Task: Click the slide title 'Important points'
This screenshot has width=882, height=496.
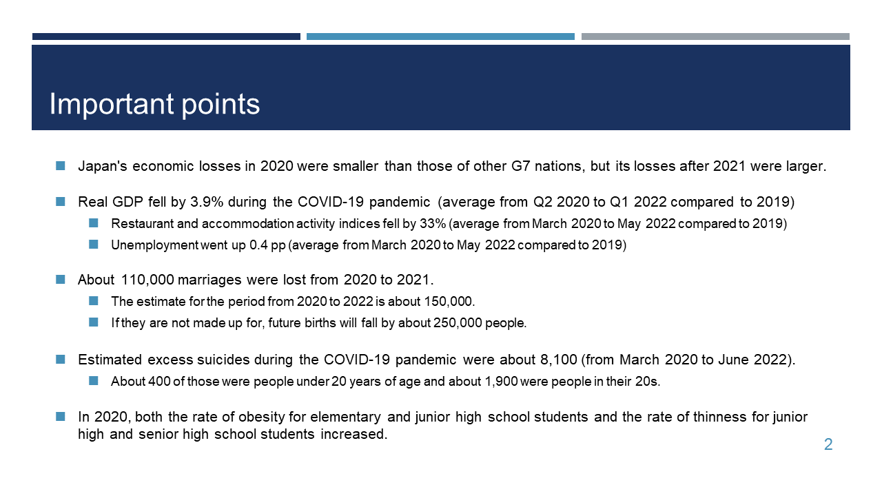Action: tap(154, 104)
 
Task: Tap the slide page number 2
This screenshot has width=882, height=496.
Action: tap(828, 444)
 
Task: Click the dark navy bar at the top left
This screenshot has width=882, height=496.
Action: tap(166, 37)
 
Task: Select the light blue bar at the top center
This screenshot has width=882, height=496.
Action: tap(440, 37)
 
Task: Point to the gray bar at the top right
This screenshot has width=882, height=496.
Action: tap(715, 37)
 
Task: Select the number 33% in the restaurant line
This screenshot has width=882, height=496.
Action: tap(433, 224)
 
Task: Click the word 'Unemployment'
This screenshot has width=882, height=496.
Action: tap(154, 245)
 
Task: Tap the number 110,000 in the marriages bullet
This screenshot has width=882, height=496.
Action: tap(147, 280)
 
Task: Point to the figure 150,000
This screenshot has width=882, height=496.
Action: tap(448, 302)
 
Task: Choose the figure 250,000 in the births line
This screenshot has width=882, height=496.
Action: tap(458, 323)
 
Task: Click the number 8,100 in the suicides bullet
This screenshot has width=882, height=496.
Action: tap(558, 360)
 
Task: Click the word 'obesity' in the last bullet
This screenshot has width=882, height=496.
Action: tap(261, 417)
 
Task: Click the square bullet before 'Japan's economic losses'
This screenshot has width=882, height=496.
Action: tap(60, 166)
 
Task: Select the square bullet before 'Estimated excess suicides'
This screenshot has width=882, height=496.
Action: tap(60, 360)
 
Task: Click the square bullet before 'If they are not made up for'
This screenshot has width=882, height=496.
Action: tap(93, 322)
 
